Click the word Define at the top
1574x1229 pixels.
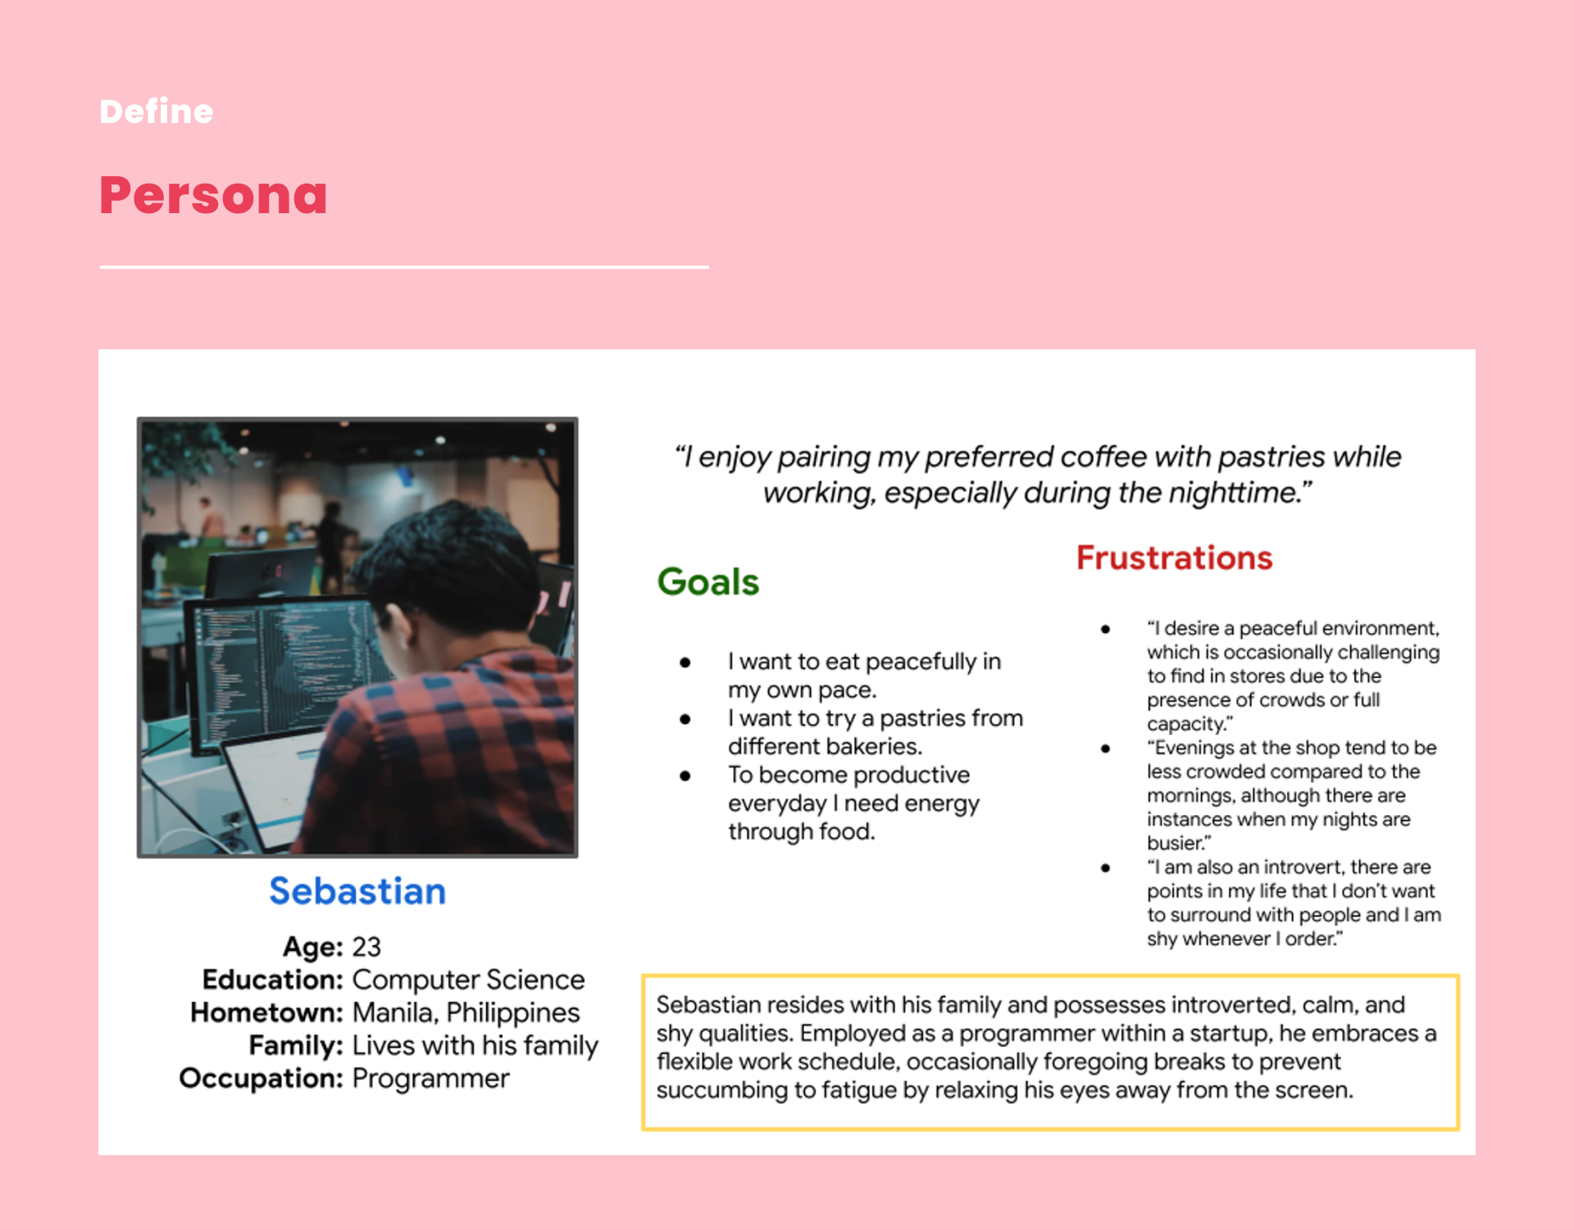point(156,112)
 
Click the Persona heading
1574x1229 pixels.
point(213,195)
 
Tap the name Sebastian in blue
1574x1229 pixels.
point(357,891)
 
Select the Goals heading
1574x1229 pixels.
point(708,582)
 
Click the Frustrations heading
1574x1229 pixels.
point(1174,558)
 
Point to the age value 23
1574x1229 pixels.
point(366,947)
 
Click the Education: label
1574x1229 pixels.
point(272,980)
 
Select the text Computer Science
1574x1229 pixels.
point(468,980)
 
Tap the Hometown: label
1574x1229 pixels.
point(266,1013)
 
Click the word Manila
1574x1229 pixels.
point(394,1013)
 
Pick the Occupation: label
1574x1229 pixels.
point(261,1078)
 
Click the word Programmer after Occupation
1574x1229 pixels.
point(430,1078)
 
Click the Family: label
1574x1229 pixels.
point(296,1045)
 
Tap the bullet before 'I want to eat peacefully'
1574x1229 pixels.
point(685,662)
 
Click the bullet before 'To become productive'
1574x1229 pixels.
point(685,776)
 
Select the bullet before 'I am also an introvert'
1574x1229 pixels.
point(1106,867)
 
